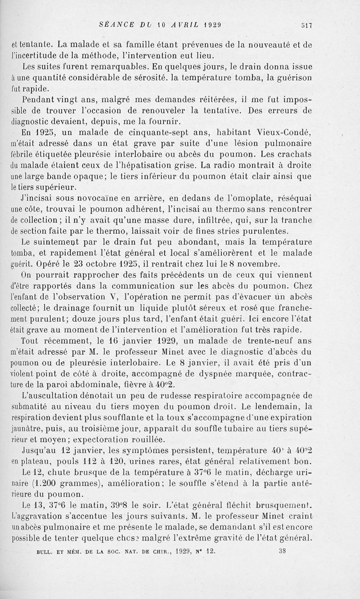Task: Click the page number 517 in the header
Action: click(x=307, y=25)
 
